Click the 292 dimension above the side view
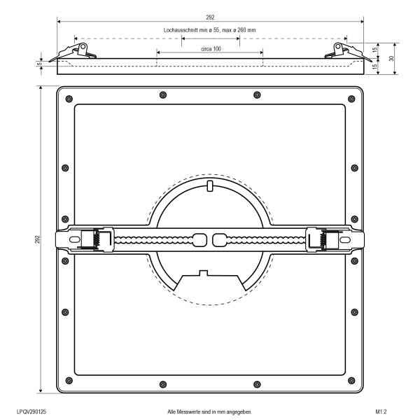[210, 17]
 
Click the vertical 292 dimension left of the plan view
[37, 239]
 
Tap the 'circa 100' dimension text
[211, 49]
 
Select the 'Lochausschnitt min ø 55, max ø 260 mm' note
[209, 30]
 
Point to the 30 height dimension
[391, 58]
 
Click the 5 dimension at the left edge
[40, 64]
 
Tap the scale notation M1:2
[381, 412]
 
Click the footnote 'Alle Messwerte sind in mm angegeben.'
[210, 412]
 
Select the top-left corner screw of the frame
[69, 99]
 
